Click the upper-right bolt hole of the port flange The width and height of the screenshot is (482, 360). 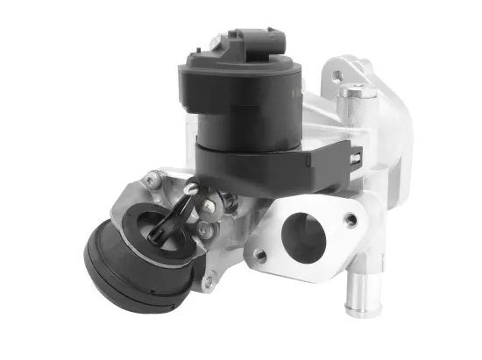(x=351, y=221)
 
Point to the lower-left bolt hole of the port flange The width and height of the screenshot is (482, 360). (x=260, y=255)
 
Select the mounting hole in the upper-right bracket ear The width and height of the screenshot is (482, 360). (x=334, y=76)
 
